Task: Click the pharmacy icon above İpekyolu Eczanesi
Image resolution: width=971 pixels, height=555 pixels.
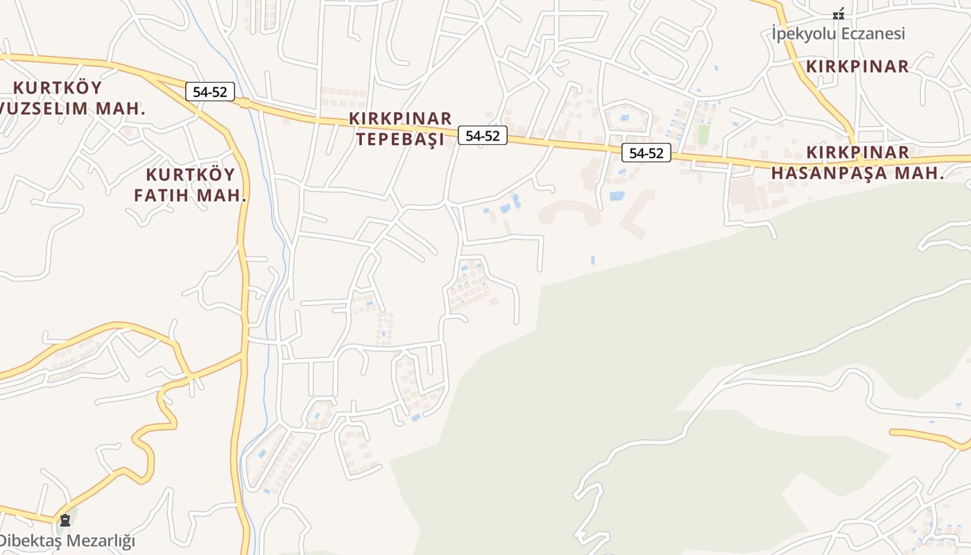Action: pyautogui.click(x=839, y=13)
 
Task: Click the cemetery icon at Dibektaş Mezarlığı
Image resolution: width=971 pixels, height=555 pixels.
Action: pyautogui.click(x=65, y=520)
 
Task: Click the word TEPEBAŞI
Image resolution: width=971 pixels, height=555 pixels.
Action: pyautogui.click(x=399, y=139)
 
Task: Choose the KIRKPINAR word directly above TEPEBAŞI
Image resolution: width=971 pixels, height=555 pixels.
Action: pyautogui.click(x=400, y=119)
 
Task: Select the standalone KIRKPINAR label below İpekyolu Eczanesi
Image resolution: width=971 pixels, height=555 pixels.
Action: pyautogui.click(x=857, y=67)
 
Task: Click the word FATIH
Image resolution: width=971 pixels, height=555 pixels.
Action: pyautogui.click(x=161, y=195)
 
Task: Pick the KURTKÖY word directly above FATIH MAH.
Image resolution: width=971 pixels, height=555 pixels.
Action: pyautogui.click(x=191, y=174)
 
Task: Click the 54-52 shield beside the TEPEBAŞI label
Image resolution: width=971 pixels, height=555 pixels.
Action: pyautogui.click(x=483, y=135)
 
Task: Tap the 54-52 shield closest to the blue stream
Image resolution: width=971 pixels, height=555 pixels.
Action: pyautogui.click(x=210, y=92)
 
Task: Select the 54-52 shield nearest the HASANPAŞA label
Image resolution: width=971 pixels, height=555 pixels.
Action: pyautogui.click(x=646, y=153)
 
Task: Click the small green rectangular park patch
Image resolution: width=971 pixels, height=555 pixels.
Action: pyautogui.click(x=703, y=134)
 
